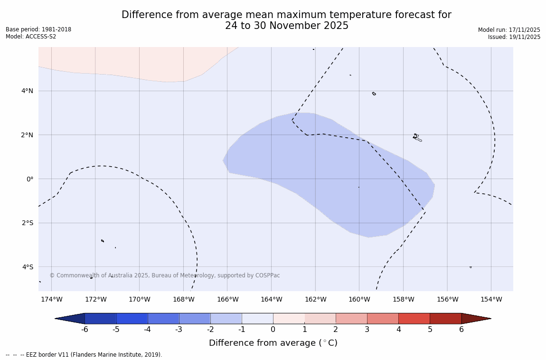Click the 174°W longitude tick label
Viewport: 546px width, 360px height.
point(51,299)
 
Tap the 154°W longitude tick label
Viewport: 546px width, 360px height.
point(491,299)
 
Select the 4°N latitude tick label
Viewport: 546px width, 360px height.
point(28,91)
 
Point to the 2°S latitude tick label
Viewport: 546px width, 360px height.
point(28,223)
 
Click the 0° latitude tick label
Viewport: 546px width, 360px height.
point(29,179)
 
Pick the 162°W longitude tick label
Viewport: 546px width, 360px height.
point(315,299)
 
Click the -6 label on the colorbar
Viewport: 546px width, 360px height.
point(85,330)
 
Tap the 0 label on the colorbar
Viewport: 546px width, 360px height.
point(273,330)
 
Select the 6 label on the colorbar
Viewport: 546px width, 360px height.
point(461,330)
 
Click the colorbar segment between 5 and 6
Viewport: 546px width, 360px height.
point(445,319)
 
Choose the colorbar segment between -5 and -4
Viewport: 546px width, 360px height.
point(132,319)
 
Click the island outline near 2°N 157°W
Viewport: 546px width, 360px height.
point(416,138)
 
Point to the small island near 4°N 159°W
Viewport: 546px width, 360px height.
point(374,94)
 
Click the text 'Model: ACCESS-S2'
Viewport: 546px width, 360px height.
point(31,37)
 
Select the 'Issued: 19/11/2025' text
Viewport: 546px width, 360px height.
point(514,37)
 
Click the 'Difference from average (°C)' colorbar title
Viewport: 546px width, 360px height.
point(273,343)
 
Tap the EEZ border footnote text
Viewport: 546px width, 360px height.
point(84,355)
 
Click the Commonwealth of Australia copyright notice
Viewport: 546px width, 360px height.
point(165,275)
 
